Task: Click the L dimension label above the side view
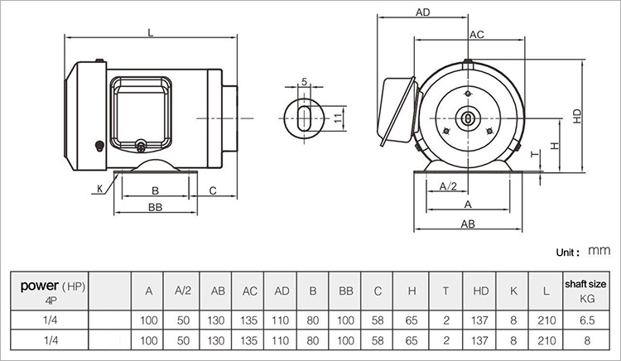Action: click(151, 32)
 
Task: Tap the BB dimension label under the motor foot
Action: click(156, 208)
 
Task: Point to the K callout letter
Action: click(100, 189)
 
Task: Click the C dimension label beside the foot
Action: click(213, 190)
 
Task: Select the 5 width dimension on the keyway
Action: click(304, 81)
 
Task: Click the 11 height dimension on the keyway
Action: click(338, 118)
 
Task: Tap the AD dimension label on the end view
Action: click(422, 12)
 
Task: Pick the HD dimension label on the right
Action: click(577, 116)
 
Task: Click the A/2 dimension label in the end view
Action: click(448, 186)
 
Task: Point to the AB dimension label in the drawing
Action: click(468, 224)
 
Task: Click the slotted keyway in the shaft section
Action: click(304, 118)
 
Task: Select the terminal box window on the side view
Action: click(141, 114)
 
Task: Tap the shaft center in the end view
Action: click(468, 118)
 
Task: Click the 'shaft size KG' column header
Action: click(585, 291)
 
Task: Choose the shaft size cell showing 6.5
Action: click(587, 320)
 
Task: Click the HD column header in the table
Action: click(481, 291)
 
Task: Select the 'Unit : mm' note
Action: click(583, 252)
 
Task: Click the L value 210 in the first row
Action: click(546, 320)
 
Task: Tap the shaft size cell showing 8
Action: click(587, 340)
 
